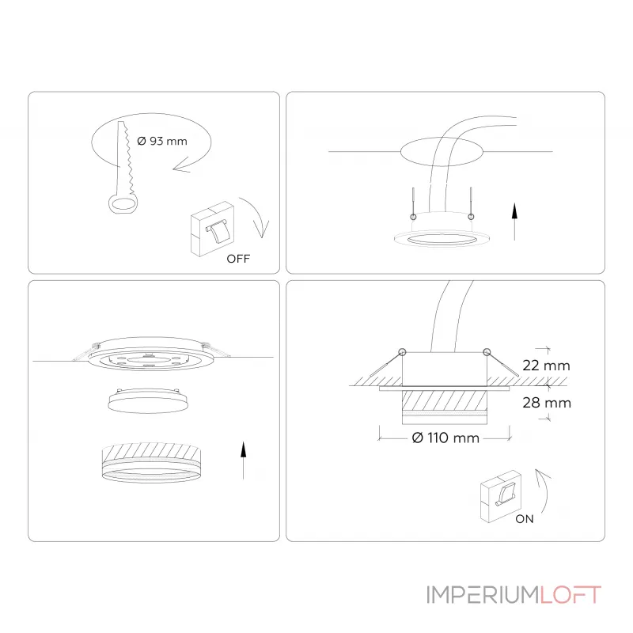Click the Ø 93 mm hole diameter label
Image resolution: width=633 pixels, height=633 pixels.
click(162, 142)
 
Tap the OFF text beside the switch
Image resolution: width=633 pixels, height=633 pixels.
click(238, 259)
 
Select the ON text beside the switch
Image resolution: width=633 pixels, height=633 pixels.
click(525, 519)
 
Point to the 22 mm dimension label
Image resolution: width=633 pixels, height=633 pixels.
click(546, 366)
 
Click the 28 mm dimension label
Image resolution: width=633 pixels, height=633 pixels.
click(547, 403)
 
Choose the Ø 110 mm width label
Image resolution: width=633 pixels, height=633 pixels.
click(445, 438)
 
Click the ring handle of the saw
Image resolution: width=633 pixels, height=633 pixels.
click(123, 203)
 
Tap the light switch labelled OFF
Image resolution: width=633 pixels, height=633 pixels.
click(213, 229)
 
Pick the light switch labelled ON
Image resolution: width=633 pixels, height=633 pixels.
click(501, 496)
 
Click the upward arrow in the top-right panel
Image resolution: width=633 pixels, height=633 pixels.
click(514, 222)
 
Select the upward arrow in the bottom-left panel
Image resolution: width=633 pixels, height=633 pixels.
click(243, 461)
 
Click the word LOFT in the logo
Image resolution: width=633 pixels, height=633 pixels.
click(570, 595)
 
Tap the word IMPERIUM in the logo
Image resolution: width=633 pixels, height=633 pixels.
click(483, 595)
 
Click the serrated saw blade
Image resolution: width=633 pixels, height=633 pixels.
click(125, 157)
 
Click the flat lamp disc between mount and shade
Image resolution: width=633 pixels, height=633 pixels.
click(148, 401)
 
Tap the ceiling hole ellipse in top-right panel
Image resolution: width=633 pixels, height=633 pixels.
click(442, 152)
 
